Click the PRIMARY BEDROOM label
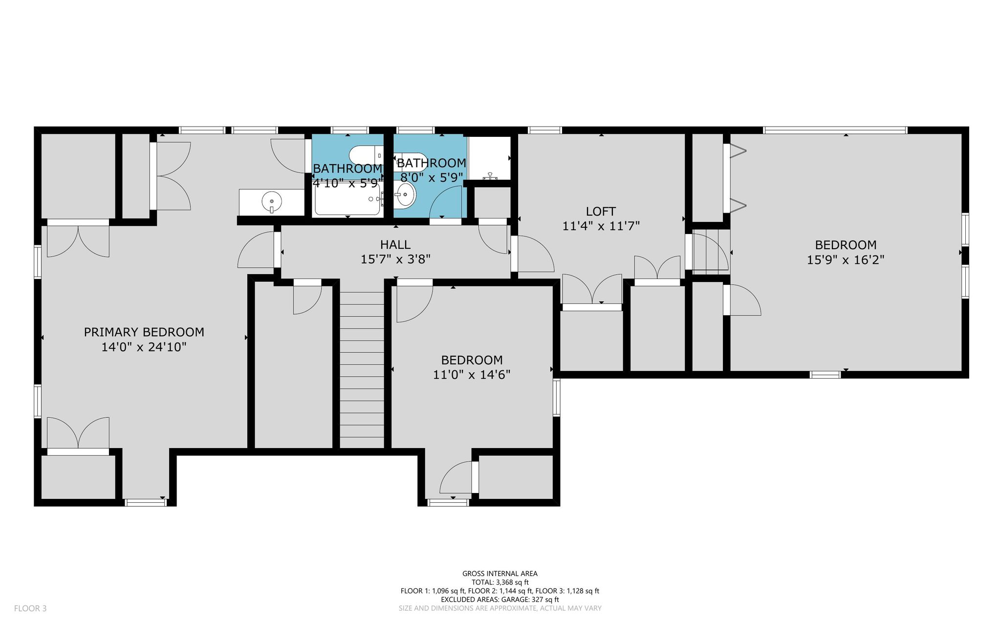click(x=144, y=332)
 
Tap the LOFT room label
click(x=601, y=212)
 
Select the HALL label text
click(x=395, y=244)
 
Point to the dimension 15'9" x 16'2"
click(x=846, y=259)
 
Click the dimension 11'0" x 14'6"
click(x=472, y=375)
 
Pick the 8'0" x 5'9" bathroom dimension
click(x=431, y=177)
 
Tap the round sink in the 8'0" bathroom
click(x=406, y=195)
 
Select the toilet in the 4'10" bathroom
click(x=366, y=156)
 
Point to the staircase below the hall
click(x=362, y=369)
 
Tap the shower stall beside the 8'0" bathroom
click(x=489, y=158)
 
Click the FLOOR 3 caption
click(x=30, y=608)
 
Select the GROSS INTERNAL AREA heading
click(x=500, y=574)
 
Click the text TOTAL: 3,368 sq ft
click(x=500, y=582)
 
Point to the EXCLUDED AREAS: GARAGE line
click(x=500, y=600)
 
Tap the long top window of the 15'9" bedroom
click(x=835, y=130)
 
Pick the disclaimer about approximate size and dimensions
click(x=500, y=608)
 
